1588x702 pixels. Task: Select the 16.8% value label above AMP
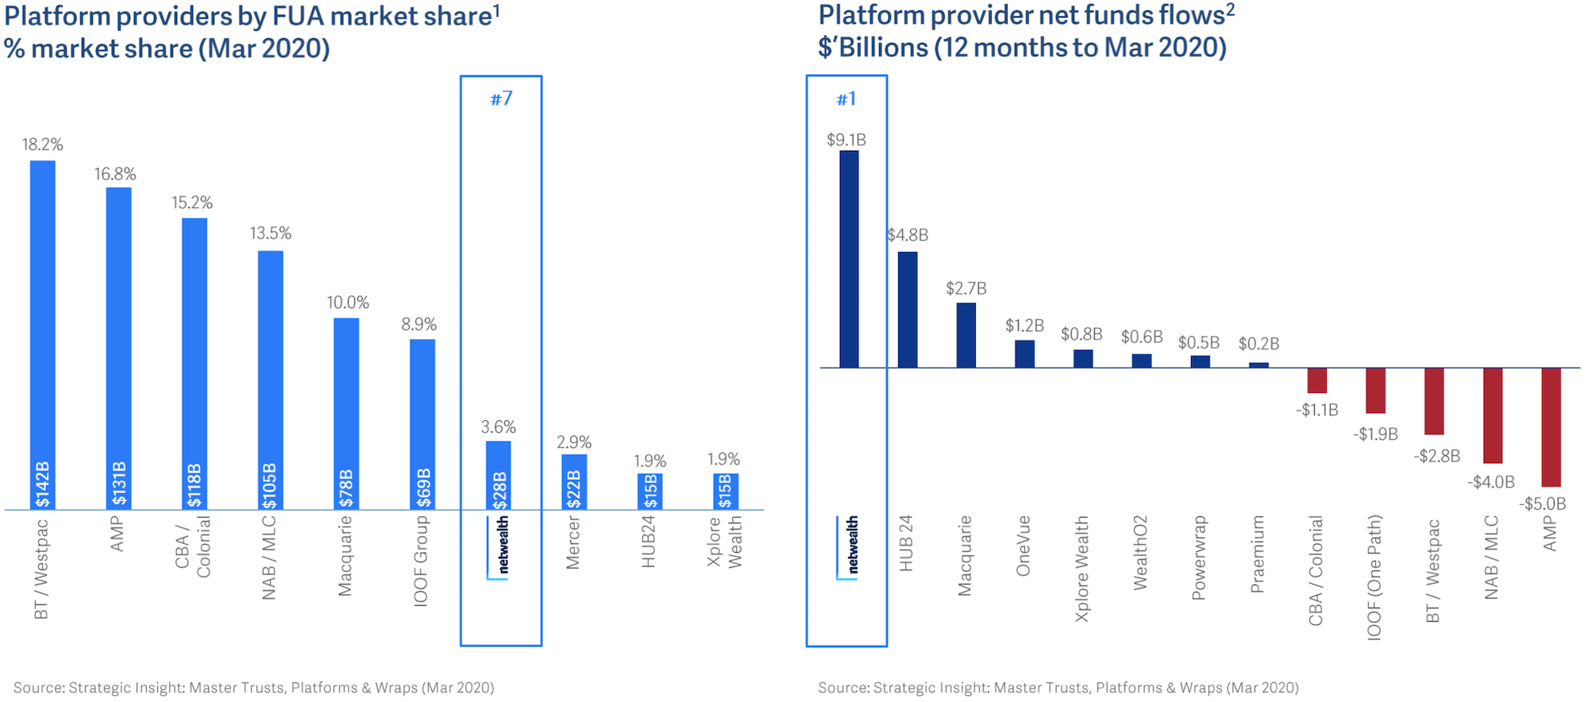(115, 174)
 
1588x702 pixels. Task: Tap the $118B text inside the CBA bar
(195, 485)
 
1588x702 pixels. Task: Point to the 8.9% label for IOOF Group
(418, 324)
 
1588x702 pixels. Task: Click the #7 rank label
(501, 98)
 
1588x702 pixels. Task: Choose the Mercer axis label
(573, 542)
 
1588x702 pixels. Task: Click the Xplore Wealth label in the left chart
(724, 542)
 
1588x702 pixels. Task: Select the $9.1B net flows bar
(849, 259)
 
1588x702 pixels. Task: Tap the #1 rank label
(846, 98)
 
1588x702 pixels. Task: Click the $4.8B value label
(908, 235)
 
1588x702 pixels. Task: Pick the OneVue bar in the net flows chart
(1024, 354)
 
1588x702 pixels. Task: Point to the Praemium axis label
(1258, 554)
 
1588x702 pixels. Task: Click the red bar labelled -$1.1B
(1316, 380)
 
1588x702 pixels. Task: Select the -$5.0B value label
(1543, 503)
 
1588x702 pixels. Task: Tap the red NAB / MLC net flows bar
(1493, 415)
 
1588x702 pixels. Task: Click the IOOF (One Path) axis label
(1374, 577)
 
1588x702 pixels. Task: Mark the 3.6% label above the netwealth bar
(499, 426)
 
